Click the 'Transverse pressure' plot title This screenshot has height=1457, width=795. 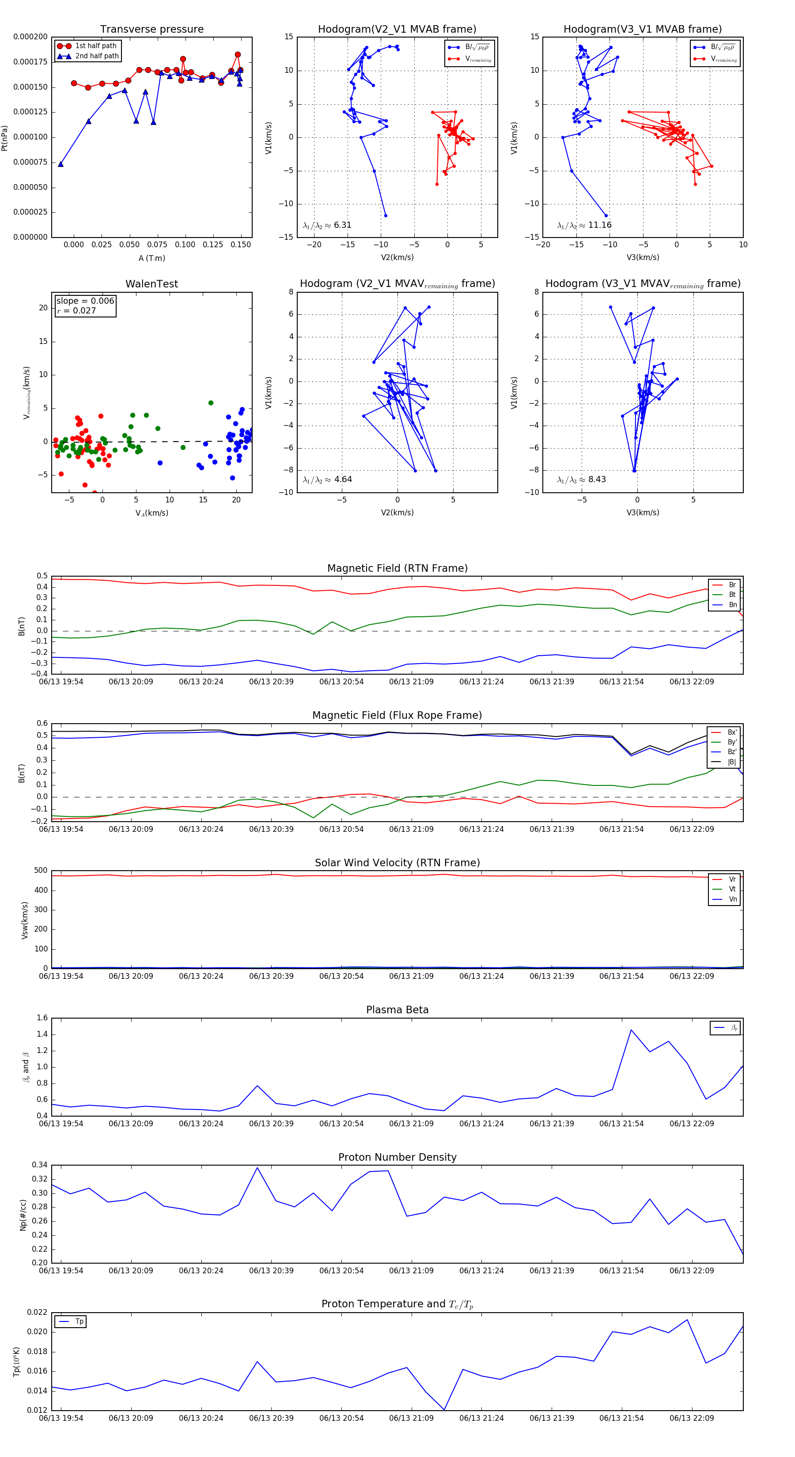click(x=151, y=30)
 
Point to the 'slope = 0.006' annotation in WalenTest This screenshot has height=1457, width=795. click(x=85, y=301)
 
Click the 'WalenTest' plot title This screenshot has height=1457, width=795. click(x=151, y=284)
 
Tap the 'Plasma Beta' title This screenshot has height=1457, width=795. click(x=397, y=1010)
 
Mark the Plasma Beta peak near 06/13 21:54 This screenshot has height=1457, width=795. click(x=631, y=1030)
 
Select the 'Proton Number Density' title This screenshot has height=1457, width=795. click(x=397, y=1157)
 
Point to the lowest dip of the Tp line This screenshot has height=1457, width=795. click(x=444, y=1409)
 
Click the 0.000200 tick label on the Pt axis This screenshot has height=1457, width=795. click(x=30, y=37)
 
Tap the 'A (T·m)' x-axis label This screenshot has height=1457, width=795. click(x=151, y=258)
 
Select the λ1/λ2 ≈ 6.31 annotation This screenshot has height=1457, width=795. click(x=327, y=225)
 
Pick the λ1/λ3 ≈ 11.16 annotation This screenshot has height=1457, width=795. click(x=584, y=225)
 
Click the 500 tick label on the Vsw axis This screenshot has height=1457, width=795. click(x=41, y=871)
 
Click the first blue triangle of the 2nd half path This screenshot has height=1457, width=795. click(x=61, y=164)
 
